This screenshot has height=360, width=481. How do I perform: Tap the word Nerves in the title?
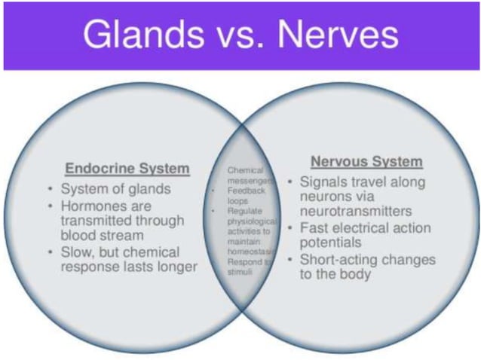pos(342,35)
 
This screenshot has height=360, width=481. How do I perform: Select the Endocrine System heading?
pos(127,168)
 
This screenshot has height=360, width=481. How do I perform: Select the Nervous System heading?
pos(366,162)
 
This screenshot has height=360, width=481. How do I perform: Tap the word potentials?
pos(331,243)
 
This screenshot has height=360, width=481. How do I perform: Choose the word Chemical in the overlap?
pos(244,170)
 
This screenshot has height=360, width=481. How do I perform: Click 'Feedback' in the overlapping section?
pos(246,191)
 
